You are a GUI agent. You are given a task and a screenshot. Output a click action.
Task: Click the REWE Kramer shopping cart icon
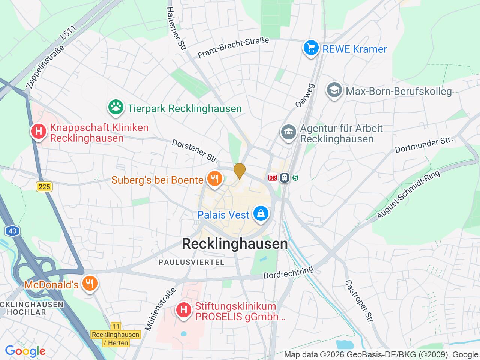click(x=311, y=48)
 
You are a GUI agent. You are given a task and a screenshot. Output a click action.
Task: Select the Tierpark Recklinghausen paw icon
click(x=116, y=108)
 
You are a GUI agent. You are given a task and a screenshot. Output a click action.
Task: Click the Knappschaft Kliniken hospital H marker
click(x=38, y=132)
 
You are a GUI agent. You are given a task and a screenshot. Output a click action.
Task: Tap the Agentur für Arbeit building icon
click(x=288, y=133)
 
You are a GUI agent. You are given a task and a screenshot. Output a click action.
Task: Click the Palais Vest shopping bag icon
click(x=261, y=214)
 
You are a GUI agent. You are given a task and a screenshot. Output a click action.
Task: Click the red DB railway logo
click(x=273, y=178)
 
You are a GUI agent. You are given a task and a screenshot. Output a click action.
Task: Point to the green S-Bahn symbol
click(x=296, y=178)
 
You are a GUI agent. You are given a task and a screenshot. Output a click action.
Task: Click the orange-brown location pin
click(x=240, y=171)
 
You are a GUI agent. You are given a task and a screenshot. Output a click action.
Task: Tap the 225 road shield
click(x=45, y=186)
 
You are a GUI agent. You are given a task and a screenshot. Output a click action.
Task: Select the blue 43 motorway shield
click(x=13, y=231)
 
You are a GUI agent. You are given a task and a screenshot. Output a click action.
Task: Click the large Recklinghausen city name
click(x=235, y=244)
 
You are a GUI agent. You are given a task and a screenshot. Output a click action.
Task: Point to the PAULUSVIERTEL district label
click(x=191, y=262)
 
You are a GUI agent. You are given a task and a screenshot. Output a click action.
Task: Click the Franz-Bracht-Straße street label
click(x=233, y=48)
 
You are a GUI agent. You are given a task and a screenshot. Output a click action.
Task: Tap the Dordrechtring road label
click(x=288, y=273)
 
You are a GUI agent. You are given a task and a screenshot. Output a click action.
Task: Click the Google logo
click(x=25, y=351)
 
